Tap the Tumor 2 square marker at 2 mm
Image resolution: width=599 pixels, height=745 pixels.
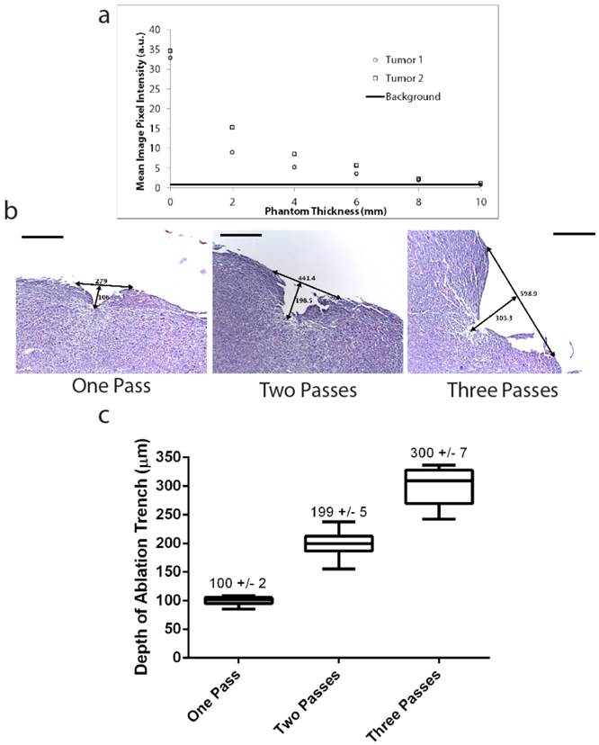[x=232, y=127]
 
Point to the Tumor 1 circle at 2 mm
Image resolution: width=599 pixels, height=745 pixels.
[x=232, y=152]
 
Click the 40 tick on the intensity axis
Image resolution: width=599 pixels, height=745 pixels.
[x=156, y=31]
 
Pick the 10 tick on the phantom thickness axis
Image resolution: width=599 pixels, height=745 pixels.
[x=481, y=201]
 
